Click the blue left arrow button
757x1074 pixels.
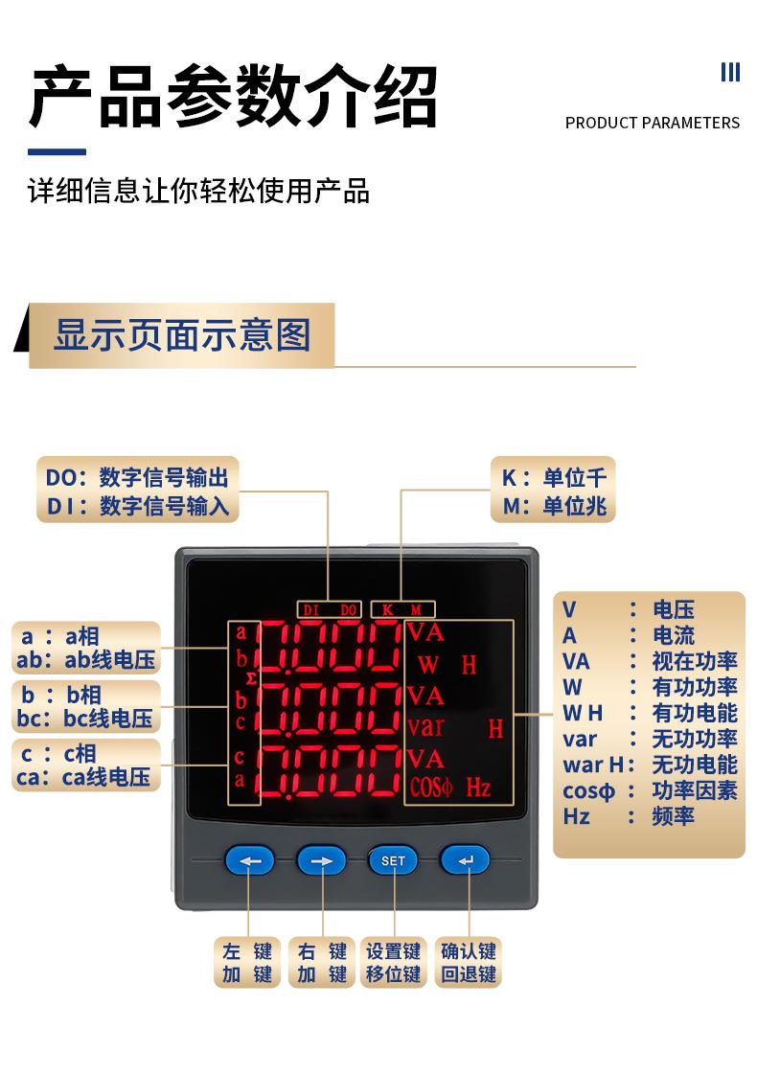249,860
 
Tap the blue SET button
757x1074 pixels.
393,860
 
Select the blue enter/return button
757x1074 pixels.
465,860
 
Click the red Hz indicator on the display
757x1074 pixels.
478,788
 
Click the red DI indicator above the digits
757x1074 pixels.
310,609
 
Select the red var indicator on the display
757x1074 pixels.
425,726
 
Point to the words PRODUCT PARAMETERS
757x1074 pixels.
652,123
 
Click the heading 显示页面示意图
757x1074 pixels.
182,335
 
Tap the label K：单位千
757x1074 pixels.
554,478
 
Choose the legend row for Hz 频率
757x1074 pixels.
649,816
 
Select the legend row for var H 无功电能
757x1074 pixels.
649,765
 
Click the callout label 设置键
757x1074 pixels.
393,951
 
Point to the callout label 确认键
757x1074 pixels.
469,951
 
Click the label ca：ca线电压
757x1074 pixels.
84,777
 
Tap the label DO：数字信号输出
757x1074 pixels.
138,477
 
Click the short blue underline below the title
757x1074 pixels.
57,151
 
